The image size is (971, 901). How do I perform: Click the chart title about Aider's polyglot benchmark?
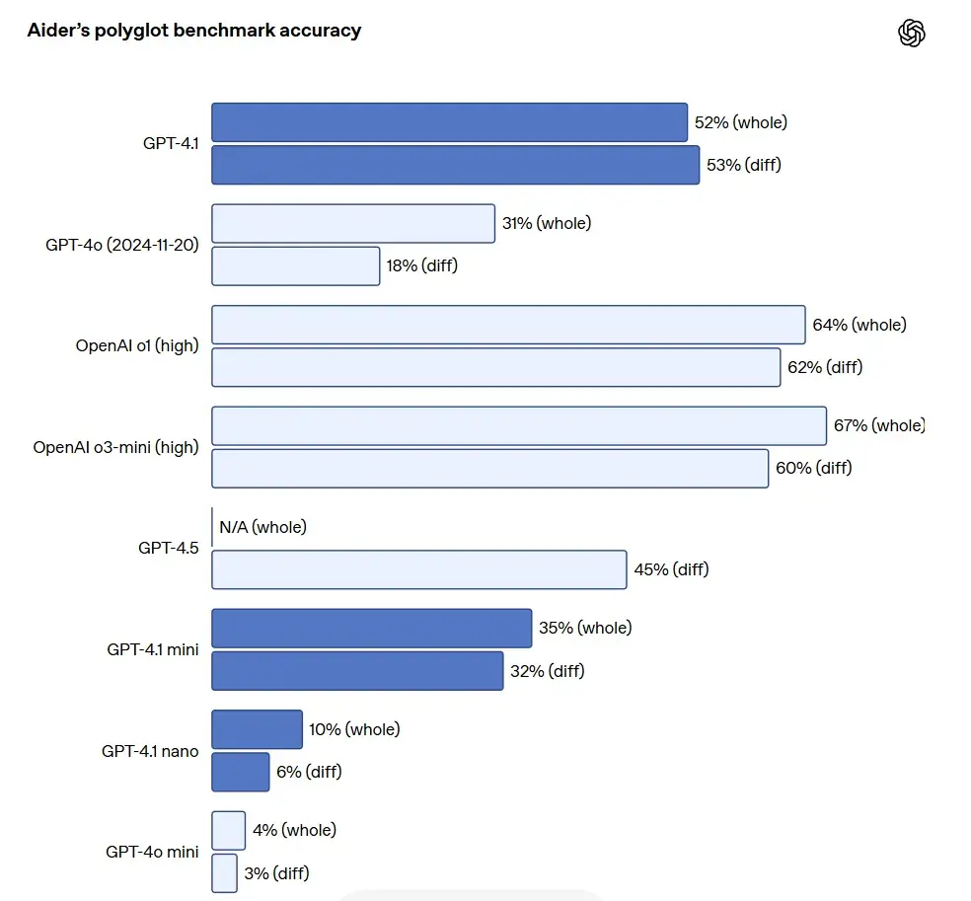coord(193,31)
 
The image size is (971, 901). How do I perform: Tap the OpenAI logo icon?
coord(912,34)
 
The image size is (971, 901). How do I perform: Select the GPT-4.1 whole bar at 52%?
coord(449,122)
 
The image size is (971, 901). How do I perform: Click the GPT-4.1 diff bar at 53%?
coord(455,165)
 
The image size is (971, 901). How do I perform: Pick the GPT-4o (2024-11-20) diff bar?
coord(295,265)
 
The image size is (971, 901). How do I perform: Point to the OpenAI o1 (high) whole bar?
coord(508,325)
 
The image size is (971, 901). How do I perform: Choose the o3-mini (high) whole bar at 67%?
coord(519,425)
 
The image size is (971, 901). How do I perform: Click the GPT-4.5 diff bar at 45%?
coord(418,569)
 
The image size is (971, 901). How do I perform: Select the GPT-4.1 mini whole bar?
coord(371,628)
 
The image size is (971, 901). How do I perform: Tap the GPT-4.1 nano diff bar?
coord(240,772)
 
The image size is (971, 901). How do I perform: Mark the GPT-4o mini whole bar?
coord(228,830)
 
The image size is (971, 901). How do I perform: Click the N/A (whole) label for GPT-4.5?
coord(262,527)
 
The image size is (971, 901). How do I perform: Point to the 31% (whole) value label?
coord(546,223)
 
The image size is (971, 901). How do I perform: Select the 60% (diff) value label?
coord(813,468)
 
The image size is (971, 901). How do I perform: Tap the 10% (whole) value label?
coord(354,729)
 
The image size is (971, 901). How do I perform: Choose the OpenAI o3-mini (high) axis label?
coord(115,447)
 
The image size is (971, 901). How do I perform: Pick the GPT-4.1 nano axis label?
coord(150,751)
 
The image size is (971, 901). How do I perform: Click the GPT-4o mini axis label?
coord(152,852)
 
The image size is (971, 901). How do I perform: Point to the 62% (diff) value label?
coord(824,367)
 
